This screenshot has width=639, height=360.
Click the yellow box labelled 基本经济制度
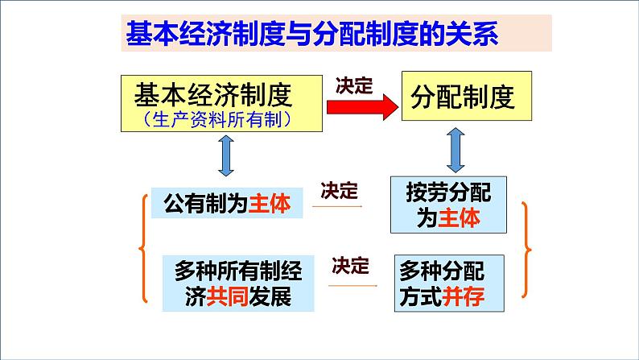click(221, 102)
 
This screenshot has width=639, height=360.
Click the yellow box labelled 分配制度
click(468, 98)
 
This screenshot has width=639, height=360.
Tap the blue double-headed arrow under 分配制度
click(456, 149)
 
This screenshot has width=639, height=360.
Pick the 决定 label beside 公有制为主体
click(338, 190)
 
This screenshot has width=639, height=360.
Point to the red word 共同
click(226, 297)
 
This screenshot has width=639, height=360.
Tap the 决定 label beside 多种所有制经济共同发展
click(349, 264)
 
